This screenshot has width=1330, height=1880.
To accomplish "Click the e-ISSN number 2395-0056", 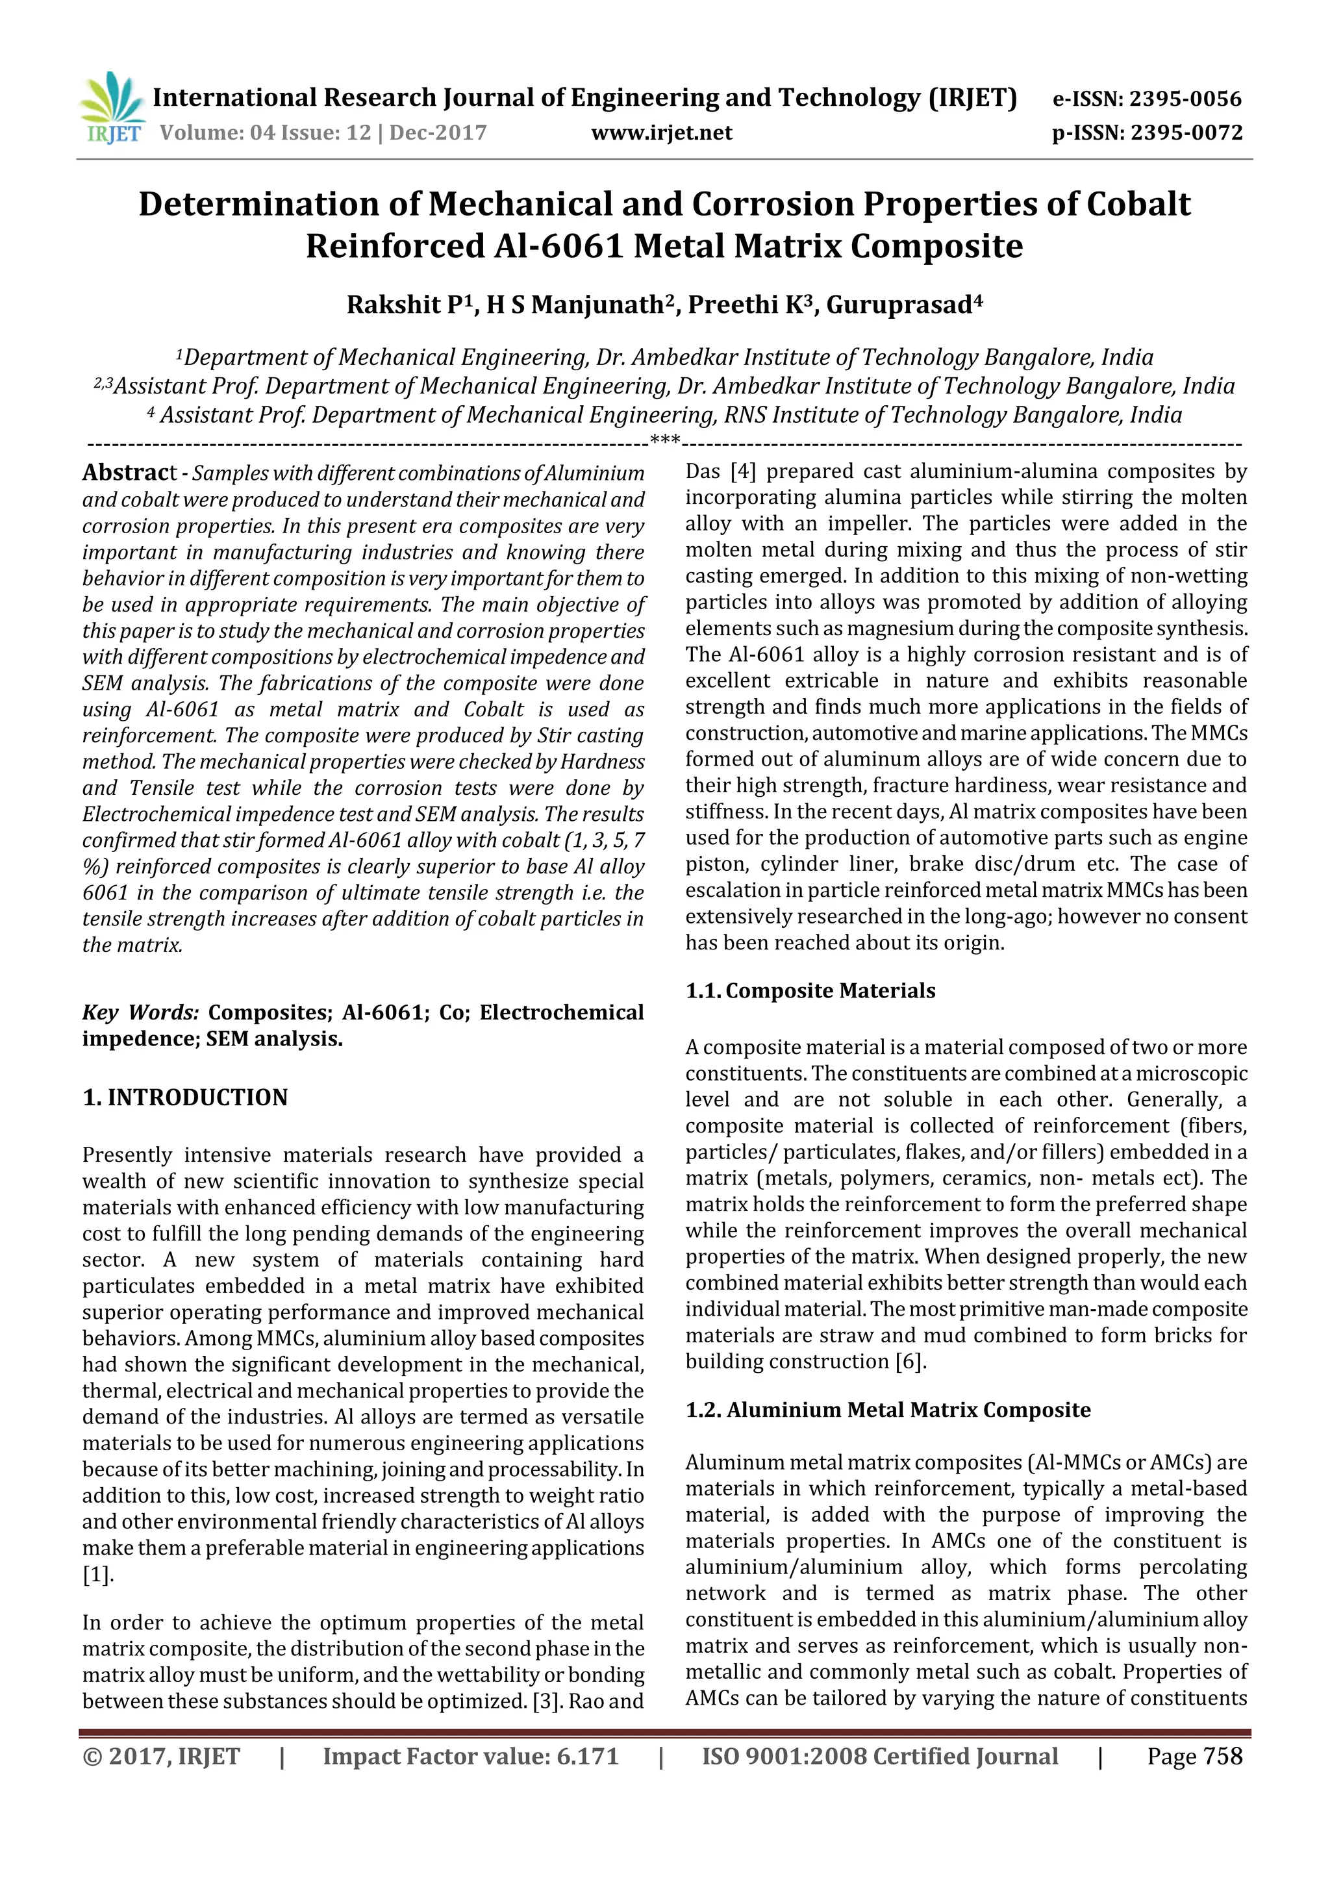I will point(1185,99).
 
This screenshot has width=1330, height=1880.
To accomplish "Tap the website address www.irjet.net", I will point(662,132).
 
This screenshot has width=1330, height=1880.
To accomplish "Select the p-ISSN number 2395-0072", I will point(1186,132).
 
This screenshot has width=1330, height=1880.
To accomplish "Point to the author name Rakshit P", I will point(405,305).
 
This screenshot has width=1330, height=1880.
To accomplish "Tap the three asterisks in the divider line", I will point(664,440).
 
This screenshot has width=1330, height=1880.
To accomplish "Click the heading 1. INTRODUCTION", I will point(185,1097).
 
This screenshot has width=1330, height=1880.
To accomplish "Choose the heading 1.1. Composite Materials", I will point(810,991).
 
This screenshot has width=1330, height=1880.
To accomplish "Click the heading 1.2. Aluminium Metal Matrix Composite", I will point(888,1410).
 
